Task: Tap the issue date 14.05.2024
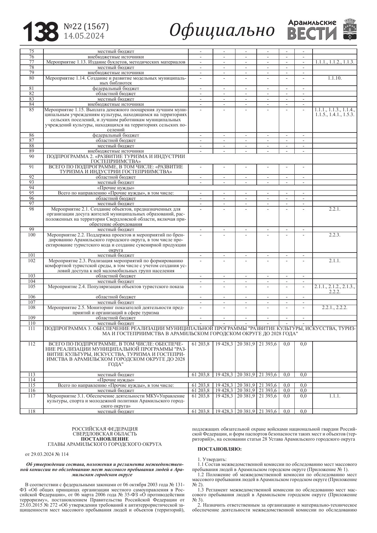point(84,36)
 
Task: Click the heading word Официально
point(222,30)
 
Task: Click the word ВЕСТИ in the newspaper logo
point(312,34)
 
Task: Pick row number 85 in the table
point(32,110)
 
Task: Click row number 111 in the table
point(32,328)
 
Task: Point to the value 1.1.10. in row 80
point(335,78)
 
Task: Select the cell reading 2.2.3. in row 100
point(334,235)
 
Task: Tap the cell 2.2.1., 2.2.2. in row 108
point(334,308)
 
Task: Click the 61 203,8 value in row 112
point(200,344)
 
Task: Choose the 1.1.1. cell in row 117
point(334,396)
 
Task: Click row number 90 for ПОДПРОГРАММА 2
point(32,156)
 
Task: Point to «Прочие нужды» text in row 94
point(116,188)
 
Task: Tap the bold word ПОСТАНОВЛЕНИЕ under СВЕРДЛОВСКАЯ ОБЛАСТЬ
point(105,439)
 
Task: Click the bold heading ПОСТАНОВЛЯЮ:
point(220,449)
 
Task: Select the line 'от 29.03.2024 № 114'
point(47,454)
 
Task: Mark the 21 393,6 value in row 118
point(268,411)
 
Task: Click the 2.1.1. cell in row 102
point(334,261)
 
